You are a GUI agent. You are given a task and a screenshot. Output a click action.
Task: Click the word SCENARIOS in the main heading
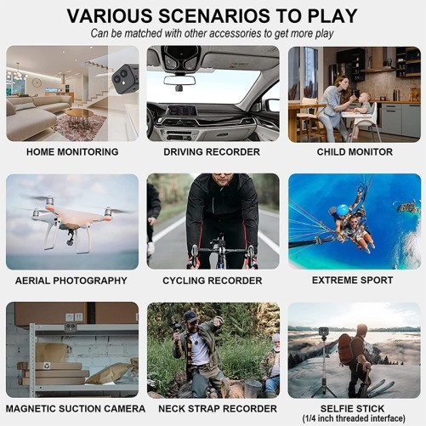(214, 16)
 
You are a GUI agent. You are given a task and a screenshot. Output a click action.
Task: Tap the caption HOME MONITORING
(72, 152)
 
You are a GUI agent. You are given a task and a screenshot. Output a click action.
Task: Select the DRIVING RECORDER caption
(212, 152)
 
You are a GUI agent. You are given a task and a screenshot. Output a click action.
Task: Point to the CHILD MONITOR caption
(355, 152)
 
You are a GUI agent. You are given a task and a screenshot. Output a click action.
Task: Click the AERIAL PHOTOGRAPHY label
(71, 281)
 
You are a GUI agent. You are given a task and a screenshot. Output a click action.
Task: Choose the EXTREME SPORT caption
(353, 280)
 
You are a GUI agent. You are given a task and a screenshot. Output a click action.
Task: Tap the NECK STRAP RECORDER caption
(218, 409)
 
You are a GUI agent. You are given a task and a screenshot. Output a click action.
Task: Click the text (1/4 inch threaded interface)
(354, 418)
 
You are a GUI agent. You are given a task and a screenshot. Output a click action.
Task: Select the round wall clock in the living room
(37, 82)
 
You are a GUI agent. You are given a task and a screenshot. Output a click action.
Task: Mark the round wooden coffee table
(79, 113)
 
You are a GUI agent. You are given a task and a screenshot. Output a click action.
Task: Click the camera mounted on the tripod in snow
(323, 332)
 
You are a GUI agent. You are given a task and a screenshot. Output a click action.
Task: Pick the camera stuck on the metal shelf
(71, 327)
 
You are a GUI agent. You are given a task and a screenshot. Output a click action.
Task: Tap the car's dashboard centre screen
(181, 110)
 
